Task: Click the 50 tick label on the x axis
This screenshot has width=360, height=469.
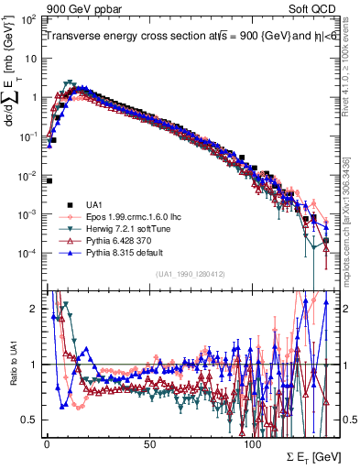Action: [x=150, y=443]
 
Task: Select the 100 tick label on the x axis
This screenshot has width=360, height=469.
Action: [x=254, y=443]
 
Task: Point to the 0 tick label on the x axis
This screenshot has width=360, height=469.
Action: [x=47, y=443]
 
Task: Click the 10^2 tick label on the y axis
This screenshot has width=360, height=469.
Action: [x=29, y=19]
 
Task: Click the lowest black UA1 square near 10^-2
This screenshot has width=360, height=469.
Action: [x=48, y=180]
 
